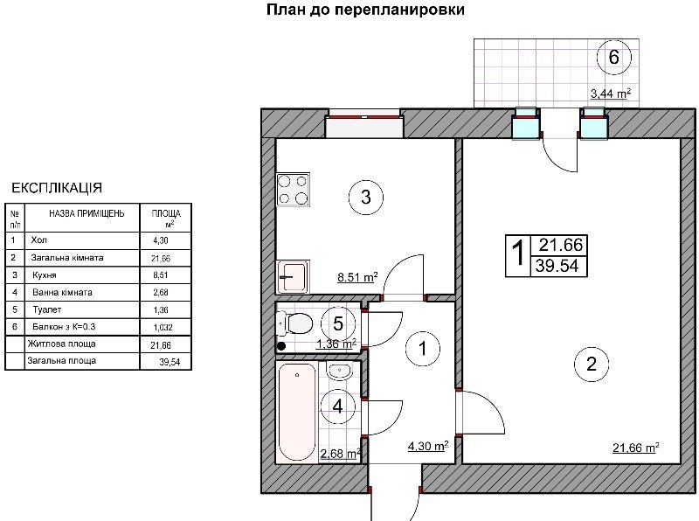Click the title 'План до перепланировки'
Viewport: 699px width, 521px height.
point(365,10)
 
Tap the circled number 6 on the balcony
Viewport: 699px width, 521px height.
point(614,57)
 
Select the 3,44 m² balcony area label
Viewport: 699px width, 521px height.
point(610,94)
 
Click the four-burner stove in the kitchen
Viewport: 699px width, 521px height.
point(293,190)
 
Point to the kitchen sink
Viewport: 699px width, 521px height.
point(293,277)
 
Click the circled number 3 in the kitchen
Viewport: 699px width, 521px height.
point(365,197)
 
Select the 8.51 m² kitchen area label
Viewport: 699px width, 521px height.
point(357,277)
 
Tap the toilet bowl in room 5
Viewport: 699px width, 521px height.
point(294,323)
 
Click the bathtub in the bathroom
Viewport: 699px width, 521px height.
point(297,412)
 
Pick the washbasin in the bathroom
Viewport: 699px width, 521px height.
point(340,371)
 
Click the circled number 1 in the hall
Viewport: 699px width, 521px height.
point(423,349)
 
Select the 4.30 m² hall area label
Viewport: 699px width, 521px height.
point(428,446)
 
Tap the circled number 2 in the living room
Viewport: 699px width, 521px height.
point(592,365)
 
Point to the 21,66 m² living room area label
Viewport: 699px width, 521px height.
point(636,448)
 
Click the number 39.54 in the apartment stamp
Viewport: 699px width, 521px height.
point(557,266)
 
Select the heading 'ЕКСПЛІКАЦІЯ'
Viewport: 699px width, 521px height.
point(57,188)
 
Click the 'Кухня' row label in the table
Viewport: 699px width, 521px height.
point(45,275)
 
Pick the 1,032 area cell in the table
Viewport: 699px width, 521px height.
point(163,328)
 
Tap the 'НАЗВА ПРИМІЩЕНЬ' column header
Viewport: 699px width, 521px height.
point(87,213)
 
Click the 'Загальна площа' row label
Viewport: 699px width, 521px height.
point(61,360)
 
